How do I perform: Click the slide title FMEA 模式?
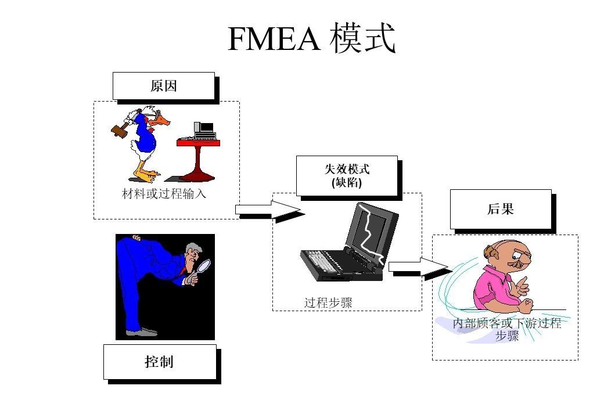(311, 39)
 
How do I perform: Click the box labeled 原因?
(163, 86)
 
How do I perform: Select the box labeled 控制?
(159, 362)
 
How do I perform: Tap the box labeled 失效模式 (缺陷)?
(346, 175)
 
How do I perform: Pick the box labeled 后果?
(500, 209)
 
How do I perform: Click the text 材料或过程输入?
(164, 194)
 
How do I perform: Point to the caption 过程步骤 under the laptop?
(328, 302)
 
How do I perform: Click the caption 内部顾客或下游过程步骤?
(506, 330)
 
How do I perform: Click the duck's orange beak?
(165, 121)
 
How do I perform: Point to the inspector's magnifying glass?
(204, 265)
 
